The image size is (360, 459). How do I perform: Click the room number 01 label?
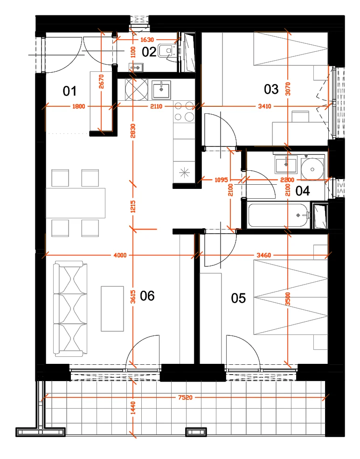pyautogui.click(x=69, y=91)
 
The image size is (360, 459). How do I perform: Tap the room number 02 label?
pyautogui.click(x=149, y=52)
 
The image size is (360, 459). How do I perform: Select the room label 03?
pyautogui.click(x=271, y=89)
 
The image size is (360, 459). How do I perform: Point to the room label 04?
pyautogui.click(x=303, y=191)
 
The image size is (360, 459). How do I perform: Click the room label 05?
pyautogui.click(x=238, y=298)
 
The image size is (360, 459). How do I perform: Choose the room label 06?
pyautogui.click(x=147, y=296)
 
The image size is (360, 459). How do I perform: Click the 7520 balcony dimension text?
pyautogui.click(x=185, y=397)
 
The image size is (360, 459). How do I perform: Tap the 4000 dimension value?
pyautogui.click(x=120, y=255)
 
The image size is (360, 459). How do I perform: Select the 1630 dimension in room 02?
pyautogui.click(x=147, y=40)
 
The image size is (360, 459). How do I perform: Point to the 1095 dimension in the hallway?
pyautogui.click(x=221, y=180)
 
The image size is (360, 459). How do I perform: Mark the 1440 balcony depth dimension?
pyautogui.click(x=133, y=408)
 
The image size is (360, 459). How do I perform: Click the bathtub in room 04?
pyautogui.click(x=279, y=216)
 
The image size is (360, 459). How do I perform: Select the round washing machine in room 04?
pyautogui.click(x=312, y=169)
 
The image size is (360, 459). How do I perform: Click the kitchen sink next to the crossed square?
pyautogui.click(x=161, y=90)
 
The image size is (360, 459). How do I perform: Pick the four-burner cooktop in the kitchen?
pyautogui.click(x=184, y=111)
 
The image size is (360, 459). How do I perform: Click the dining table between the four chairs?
pyautogui.click(x=76, y=203)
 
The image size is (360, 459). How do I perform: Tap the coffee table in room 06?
pyautogui.click(x=112, y=308)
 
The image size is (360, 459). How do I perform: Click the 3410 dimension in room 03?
pyautogui.click(x=264, y=106)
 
